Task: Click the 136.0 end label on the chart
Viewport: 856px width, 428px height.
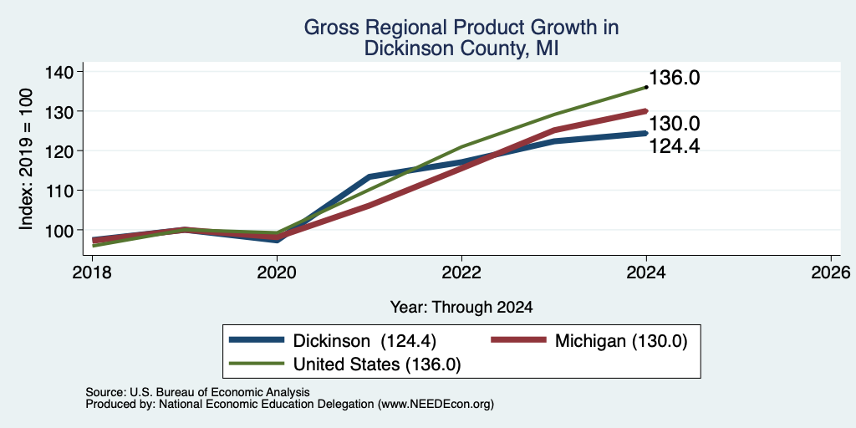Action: click(x=675, y=78)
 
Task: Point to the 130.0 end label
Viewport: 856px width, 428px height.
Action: click(x=675, y=124)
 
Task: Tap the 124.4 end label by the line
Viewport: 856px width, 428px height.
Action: click(x=675, y=145)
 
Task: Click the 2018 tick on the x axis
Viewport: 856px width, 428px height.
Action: click(x=93, y=272)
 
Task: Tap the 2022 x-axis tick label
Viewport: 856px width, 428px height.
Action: click(x=461, y=272)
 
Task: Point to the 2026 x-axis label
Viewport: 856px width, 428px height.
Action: click(x=831, y=272)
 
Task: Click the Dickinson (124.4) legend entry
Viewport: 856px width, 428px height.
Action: click(x=333, y=341)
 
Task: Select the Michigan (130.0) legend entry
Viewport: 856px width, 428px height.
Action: click(x=588, y=341)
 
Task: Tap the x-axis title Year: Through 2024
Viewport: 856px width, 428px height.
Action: click(x=461, y=308)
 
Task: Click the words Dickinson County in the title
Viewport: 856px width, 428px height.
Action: click(x=441, y=48)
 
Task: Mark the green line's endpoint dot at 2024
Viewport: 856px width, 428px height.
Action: click(x=646, y=87)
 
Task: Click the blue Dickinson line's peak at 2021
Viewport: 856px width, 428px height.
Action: click(x=369, y=176)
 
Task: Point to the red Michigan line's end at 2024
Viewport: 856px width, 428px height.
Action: click(x=646, y=111)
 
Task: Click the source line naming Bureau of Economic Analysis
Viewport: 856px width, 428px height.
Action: click(x=197, y=392)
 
